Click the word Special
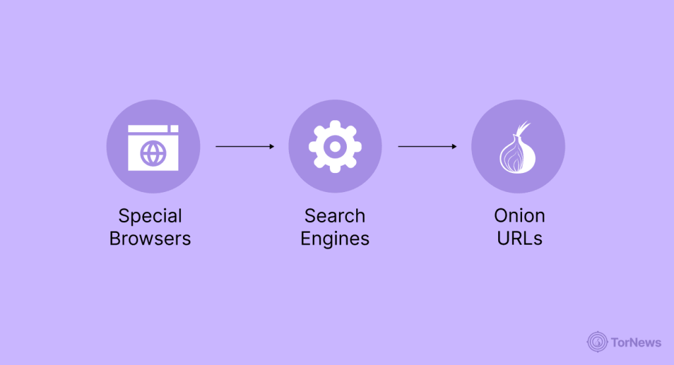(150, 216)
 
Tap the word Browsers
(150, 238)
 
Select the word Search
(334, 216)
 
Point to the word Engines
(334, 239)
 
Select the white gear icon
(335, 147)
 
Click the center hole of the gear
(335, 147)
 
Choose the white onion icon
(517, 151)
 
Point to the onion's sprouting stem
(523, 128)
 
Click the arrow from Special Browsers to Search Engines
(244, 147)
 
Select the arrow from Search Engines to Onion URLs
(427, 147)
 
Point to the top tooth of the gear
(335, 124)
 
